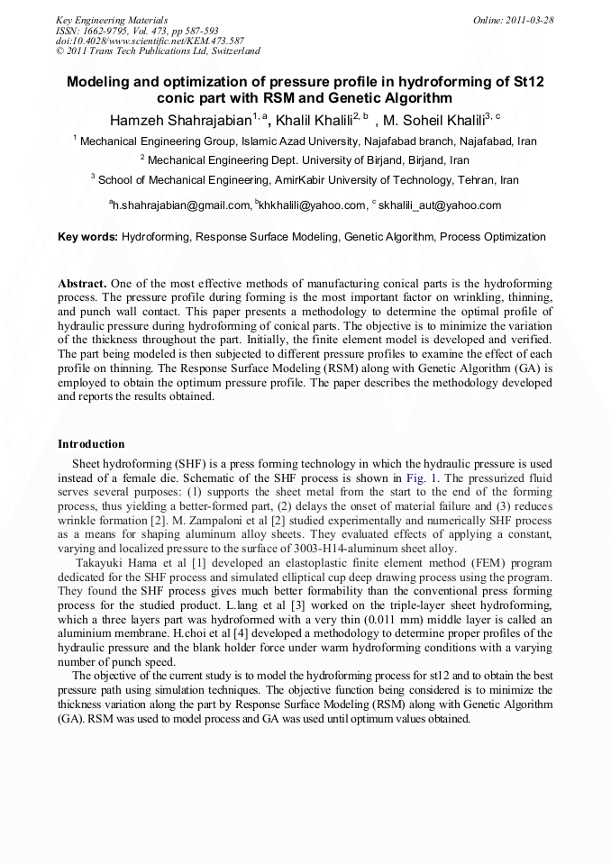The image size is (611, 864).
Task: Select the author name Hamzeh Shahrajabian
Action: point(180,120)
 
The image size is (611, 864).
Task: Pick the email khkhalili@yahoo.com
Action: point(312,205)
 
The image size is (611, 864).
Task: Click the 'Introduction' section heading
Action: point(91,444)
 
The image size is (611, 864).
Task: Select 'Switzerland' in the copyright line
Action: point(236,51)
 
